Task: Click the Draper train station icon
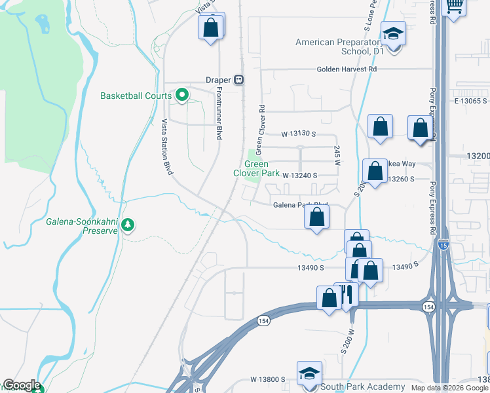pos(240,79)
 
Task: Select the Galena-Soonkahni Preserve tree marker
pos(128,225)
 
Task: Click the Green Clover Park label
pos(257,169)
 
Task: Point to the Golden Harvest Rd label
pos(347,69)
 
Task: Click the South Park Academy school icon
pos(309,373)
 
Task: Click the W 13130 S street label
pos(299,134)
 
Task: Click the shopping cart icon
pos(455,6)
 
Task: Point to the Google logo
pos(22,385)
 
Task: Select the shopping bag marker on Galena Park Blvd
pos(316,217)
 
